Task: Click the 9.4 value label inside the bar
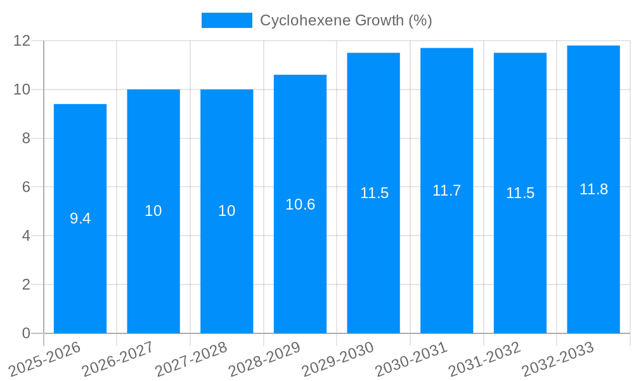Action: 80,218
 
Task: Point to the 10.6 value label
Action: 300,204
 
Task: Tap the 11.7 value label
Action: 446,190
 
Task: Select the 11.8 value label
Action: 593,189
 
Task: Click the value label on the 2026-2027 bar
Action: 153,211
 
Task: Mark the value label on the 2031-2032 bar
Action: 520,193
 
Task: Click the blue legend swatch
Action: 227,20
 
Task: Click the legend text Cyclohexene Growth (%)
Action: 346,20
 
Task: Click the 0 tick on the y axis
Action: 26,333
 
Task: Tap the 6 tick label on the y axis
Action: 26,187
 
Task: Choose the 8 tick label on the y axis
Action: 26,138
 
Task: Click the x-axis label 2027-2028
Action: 191,359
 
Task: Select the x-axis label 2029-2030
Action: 338,359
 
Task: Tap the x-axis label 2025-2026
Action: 44,359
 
